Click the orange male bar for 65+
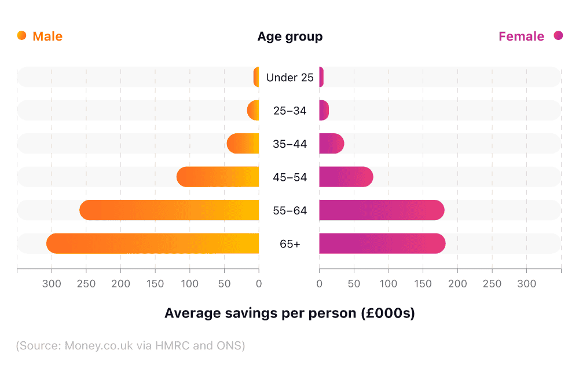[x=153, y=243]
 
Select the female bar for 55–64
[x=382, y=210]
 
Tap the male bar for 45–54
[x=218, y=177]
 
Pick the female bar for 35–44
[x=331, y=144]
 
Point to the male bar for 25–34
[x=254, y=110]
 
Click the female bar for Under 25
[x=321, y=77]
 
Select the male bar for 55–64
[x=169, y=210]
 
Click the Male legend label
[x=47, y=36]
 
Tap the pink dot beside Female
[x=558, y=36]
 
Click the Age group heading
[x=289, y=36]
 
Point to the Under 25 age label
[x=289, y=77]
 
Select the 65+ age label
[x=289, y=244]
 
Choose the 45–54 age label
[x=289, y=177]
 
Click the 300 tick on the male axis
[x=52, y=284]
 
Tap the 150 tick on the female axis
[x=423, y=284]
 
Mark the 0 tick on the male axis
[x=259, y=284]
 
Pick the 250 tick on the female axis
[x=492, y=284]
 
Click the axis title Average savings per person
[x=289, y=313]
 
